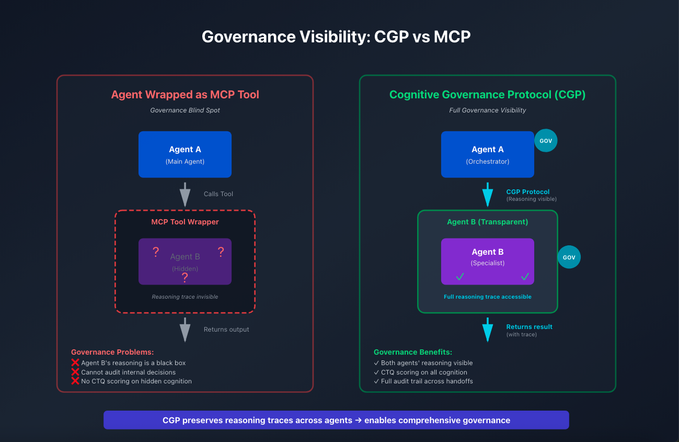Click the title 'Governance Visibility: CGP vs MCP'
pos(336,37)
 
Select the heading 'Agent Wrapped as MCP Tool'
pos(185,95)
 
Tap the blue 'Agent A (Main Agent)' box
pos(185,154)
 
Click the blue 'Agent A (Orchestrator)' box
pos(487,154)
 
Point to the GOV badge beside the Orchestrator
pos(546,141)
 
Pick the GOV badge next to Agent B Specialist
pos(569,257)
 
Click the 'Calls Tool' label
pos(218,194)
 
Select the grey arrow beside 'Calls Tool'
pos(185,194)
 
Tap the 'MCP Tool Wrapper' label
pos(185,222)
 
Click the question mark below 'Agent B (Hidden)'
pos(185,278)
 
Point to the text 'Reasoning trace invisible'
pos(185,297)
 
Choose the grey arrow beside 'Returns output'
pos(185,330)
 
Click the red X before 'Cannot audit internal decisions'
pos(75,372)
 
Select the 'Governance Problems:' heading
pos(112,353)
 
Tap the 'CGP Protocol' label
pos(528,192)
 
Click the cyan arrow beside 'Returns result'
pos(487,330)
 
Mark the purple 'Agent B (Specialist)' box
pos(487,261)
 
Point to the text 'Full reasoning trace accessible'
pos(487,297)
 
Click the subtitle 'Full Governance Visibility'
pos(487,110)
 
